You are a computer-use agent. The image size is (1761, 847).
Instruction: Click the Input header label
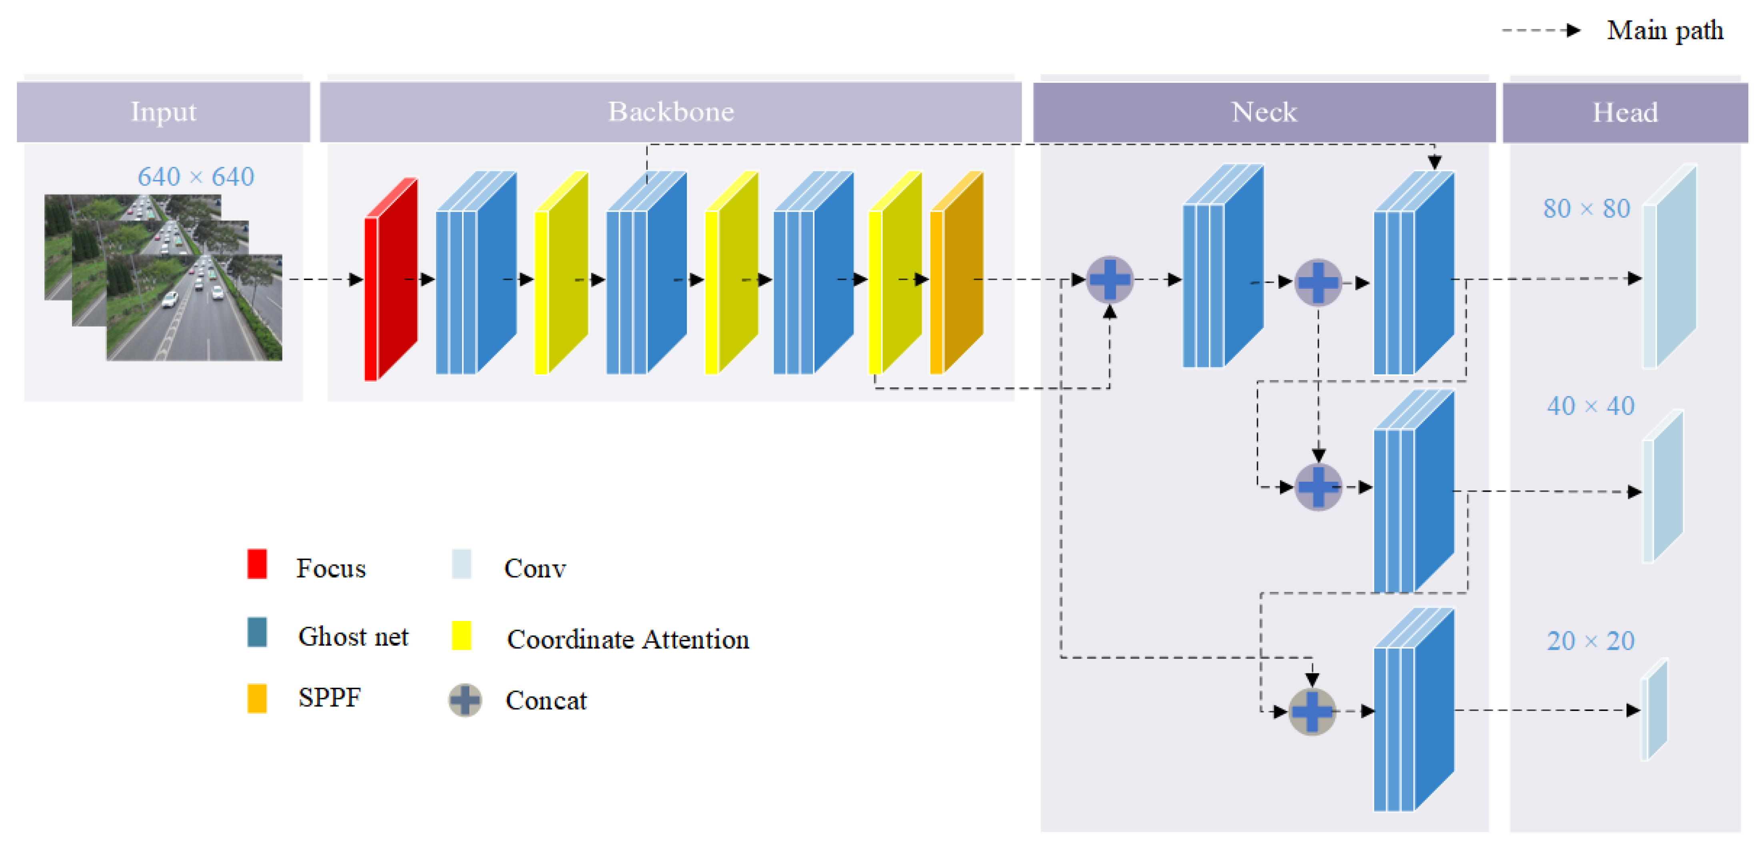pyautogui.click(x=163, y=112)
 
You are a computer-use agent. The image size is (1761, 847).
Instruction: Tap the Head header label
pyautogui.click(x=1625, y=112)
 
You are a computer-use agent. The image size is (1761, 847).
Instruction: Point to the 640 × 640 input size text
pyautogui.click(x=196, y=176)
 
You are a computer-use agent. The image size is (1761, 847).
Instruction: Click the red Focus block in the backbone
pyautogui.click(x=391, y=279)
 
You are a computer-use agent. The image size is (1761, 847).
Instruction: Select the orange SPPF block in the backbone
pyautogui.click(x=957, y=272)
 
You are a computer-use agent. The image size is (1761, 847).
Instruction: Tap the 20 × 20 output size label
pyautogui.click(x=1590, y=641)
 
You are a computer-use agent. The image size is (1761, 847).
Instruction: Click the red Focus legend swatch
pyautogui.click(x=257, y=564)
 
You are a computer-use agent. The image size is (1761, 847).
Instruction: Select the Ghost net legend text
pyautogui.click(x=353, y=637)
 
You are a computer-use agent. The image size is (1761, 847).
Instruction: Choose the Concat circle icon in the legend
pyautogui.click(x=465, y=700)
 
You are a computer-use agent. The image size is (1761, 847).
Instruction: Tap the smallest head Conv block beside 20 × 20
pyautogui.click(x=1654, y=709)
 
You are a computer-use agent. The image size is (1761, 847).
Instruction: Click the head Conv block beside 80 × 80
pyautogui.click(x=1669, y=266)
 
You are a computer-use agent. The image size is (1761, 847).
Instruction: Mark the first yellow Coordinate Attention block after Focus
pyautogui.click(x=561, y=272)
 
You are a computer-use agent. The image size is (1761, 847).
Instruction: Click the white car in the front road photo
pyautogui.click(x=170, y=299)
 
